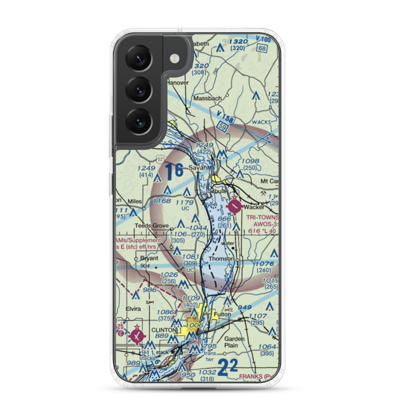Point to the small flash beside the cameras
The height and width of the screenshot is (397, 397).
click(x=173, y=59)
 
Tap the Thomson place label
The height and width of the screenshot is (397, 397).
click(x=221, y=259)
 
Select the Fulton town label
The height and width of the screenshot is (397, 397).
click(x=222, y=314)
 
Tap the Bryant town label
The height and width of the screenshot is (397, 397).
click(x=149, y=258)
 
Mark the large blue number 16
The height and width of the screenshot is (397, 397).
click(x=174, y=171)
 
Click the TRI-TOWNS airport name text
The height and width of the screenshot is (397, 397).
click(x=262, y=218)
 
